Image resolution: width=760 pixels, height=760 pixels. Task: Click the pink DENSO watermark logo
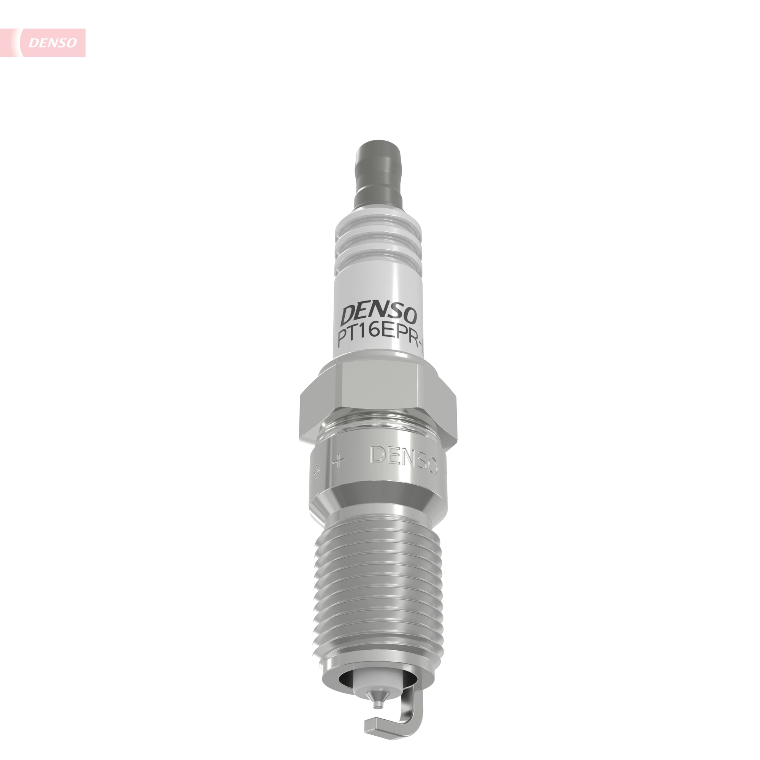[52, 43]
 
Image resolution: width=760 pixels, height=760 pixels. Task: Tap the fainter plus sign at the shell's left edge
[316, 472]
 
